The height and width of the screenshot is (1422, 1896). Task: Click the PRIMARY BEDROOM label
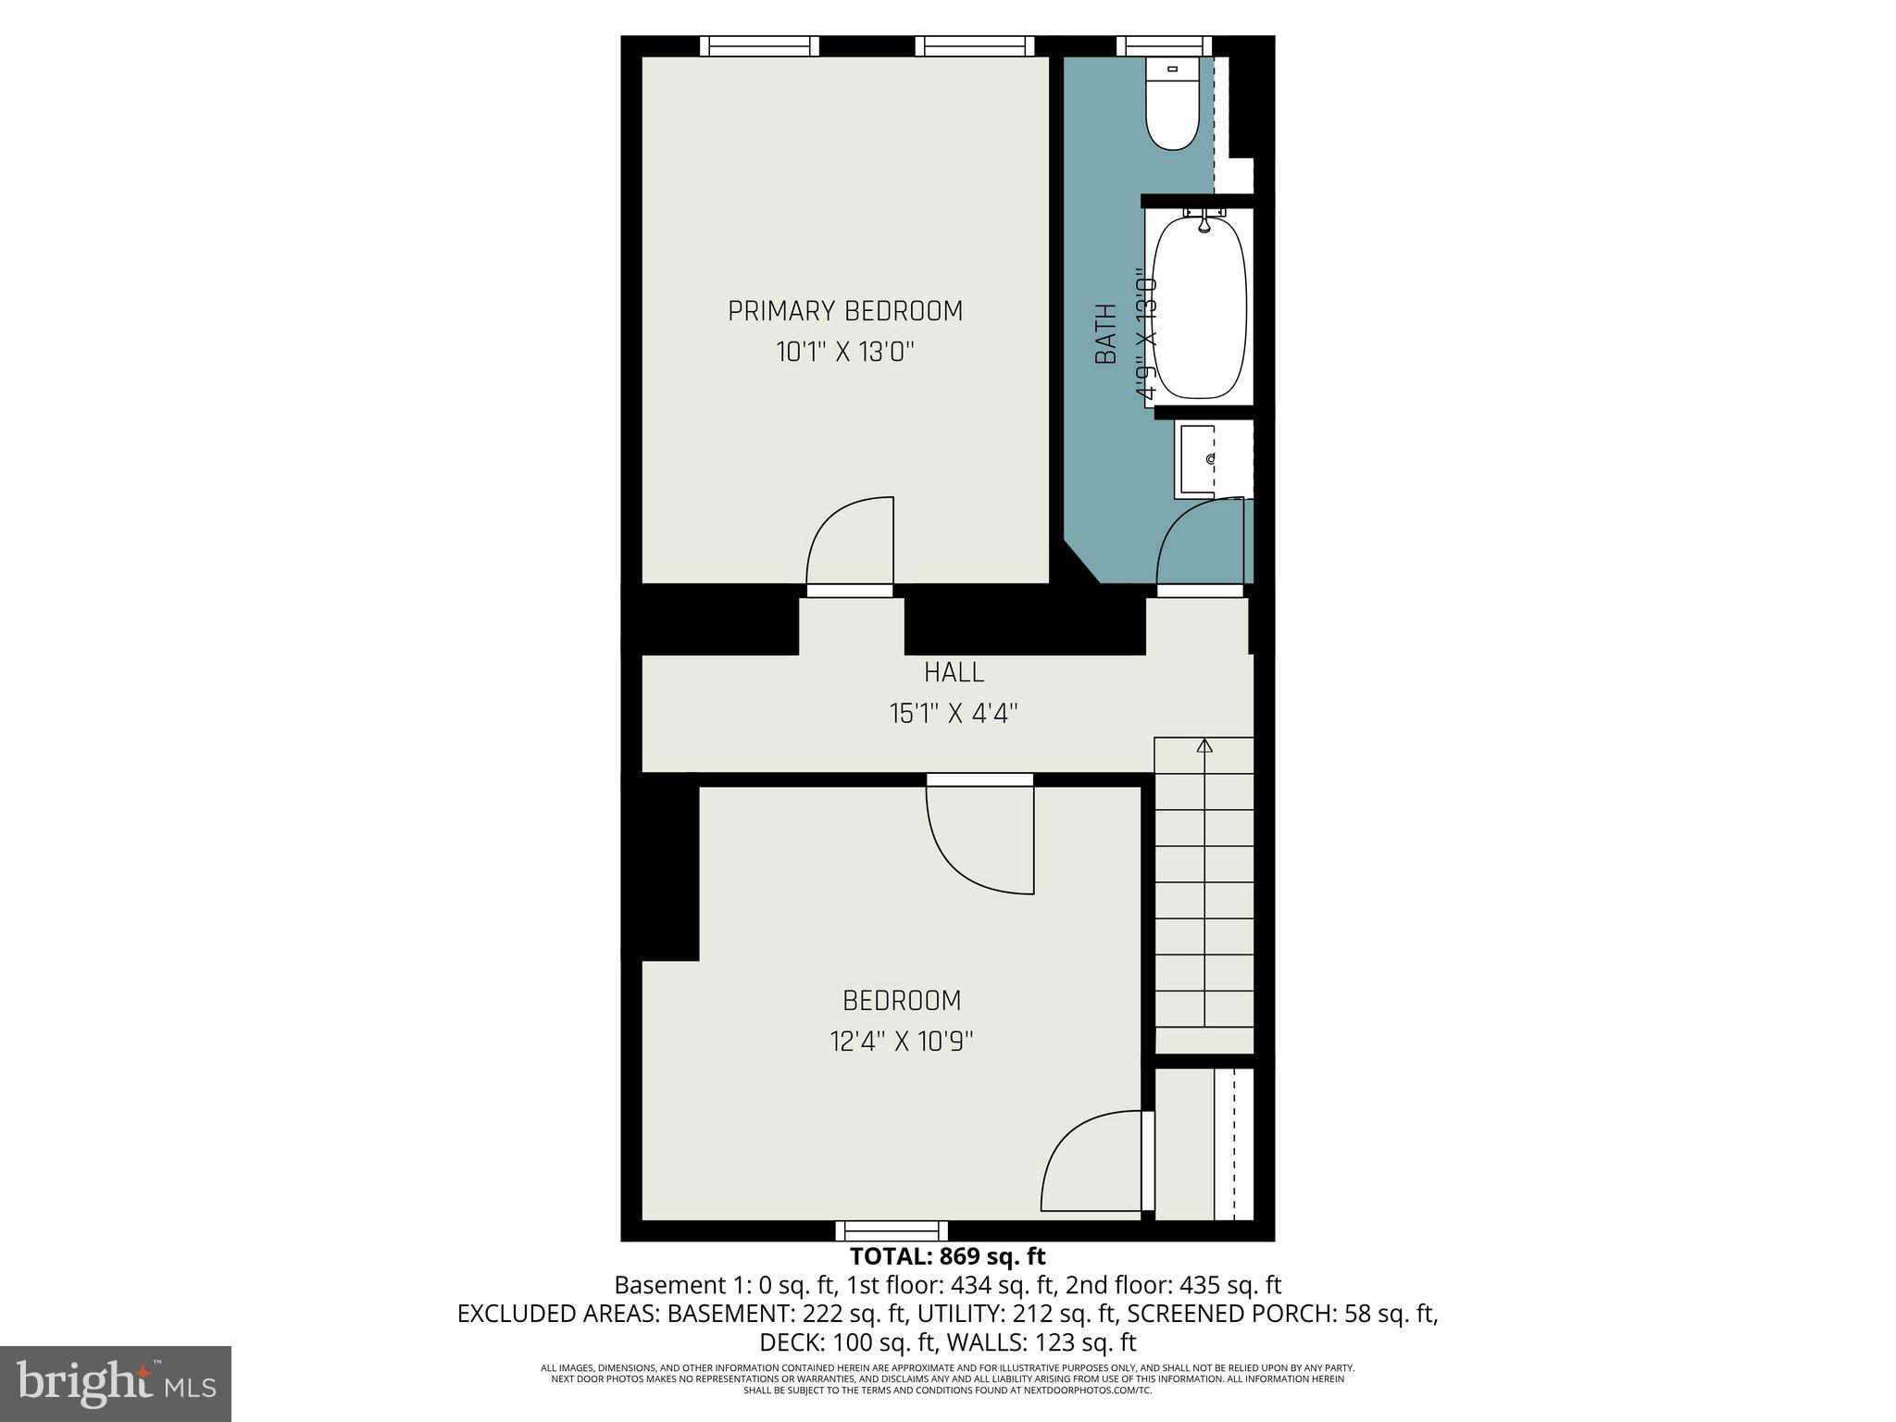(844, 311)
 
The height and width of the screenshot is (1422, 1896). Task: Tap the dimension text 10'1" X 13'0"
(844, 353)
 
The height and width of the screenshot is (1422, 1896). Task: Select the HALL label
(954, 671)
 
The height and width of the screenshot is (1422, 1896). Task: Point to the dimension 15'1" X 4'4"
(954, 714)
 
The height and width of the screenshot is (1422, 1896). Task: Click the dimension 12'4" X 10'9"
(902, 1042)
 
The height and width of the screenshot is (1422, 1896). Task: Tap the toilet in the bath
(1171, 104)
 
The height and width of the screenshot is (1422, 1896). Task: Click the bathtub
(1200, 306)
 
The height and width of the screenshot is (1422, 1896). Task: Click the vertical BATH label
(1106, 335)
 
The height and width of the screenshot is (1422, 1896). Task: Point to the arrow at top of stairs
(1204, 745)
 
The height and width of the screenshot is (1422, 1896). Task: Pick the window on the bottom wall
(892, 1230)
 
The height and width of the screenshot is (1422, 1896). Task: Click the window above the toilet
(1164, 46)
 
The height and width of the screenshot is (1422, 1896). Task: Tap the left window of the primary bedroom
(759, 46)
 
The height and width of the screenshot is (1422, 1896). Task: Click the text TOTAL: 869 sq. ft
(947, 1256)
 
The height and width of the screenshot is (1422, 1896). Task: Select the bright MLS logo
(116, 1383)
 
